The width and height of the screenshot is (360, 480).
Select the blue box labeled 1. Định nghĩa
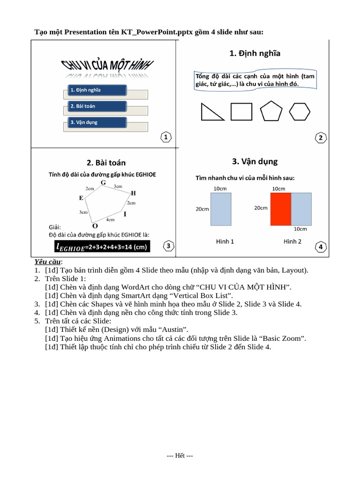pyautogui.click(x=97, y=90)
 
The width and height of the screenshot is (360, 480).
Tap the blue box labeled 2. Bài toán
pyautogui.click(x=97, y=106)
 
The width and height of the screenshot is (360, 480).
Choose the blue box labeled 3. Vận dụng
pyautogui.click(x=97, y=122)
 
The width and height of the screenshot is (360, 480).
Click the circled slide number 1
pyautogui.click(x=166, y=137)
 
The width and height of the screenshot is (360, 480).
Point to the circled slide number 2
pyautogui.click(x=321, y=137)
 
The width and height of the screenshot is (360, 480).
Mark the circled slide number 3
pyautogui.click(x=168, y=246)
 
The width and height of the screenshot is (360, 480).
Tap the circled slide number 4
pyautogui.click(x=321, y=247)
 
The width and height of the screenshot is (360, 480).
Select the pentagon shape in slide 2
pyautogui.click(x=271, y=111)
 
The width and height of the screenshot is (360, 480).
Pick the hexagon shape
pyautogui.click(x=300, y=112)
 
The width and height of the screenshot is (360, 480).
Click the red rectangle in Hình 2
pyautogui.click(x=281, y=209)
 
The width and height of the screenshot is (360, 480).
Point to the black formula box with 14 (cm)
pyautogui.click(x=102, y=247)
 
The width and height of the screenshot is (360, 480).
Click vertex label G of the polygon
pyautogui.click(x=103, y=182)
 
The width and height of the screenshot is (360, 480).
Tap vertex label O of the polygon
pyautogui.click(x=95, y=225)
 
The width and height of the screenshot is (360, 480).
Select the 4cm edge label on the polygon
pyautogui.click(x=111, y=219)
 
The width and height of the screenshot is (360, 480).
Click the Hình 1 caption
pyautogui.click(x=225, y=241)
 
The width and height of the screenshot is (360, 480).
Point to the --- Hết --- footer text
pyautogui.click(x=180, y=456)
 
